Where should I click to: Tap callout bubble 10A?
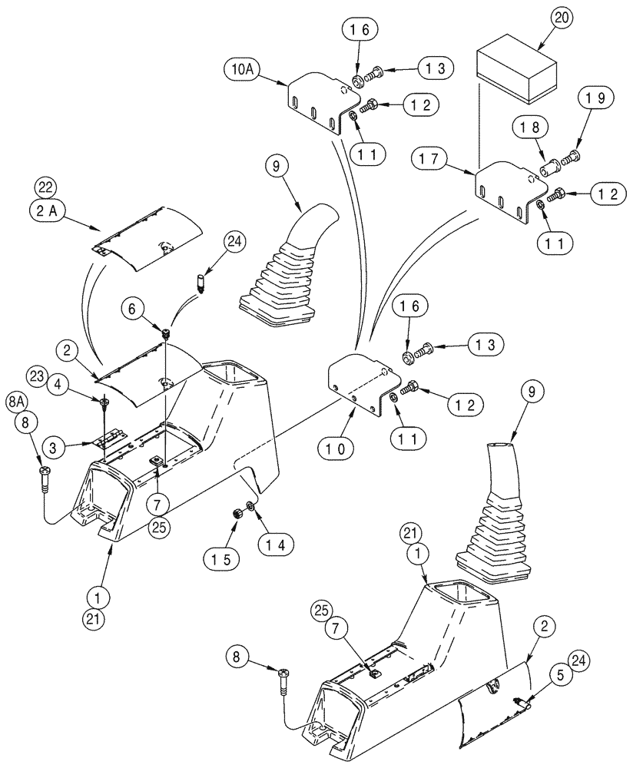[x=244, y=73]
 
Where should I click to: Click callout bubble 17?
[x=431, y=160]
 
